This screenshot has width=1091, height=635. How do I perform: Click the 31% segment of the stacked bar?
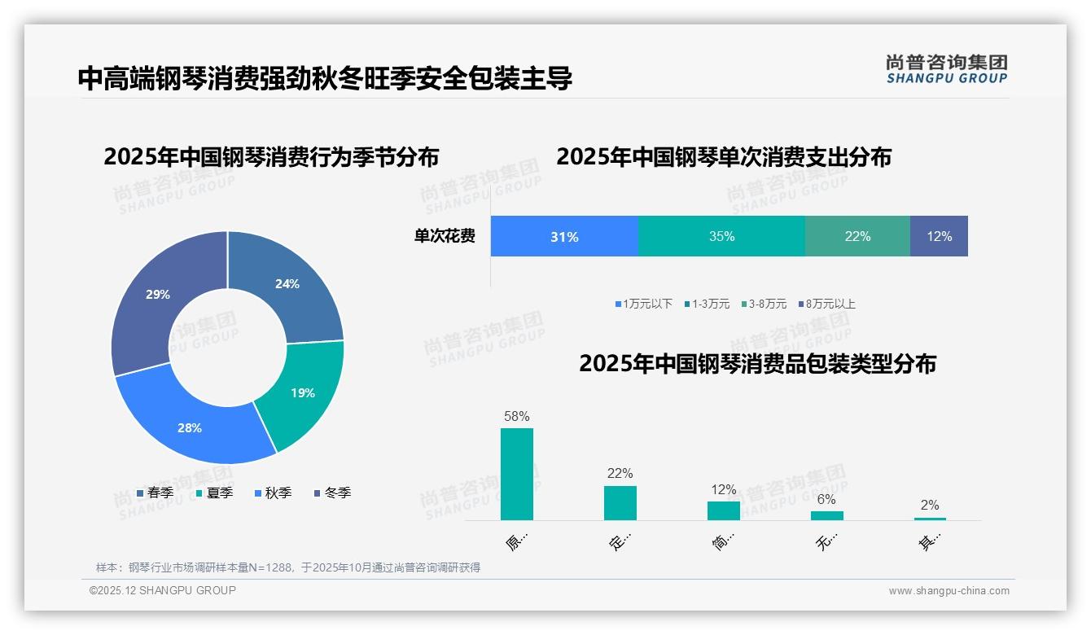click(x=564, y=237)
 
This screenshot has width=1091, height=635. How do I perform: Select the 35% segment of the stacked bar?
click(x=721, y=237)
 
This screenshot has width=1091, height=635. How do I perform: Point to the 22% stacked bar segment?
click(x=857, y=237)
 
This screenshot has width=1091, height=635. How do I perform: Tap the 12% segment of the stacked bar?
click(x=939, y=237)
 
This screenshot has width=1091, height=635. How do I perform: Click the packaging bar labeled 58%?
click(x=517, y=474)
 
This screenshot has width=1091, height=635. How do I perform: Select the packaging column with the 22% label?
click(x=620, y=502)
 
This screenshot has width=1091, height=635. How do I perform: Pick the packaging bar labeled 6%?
click(x=827, y=515)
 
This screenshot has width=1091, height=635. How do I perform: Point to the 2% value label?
click(x=930, y=505)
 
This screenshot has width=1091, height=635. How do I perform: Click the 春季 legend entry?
click(x=155, y=493)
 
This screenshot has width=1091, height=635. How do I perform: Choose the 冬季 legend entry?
click(x=332, y=493)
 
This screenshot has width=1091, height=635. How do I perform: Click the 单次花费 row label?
click(x=445, y=237)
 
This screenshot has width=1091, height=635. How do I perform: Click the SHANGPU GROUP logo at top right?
click(x=946, y=69)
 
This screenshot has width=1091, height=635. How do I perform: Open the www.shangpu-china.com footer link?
click(x=949, y=590)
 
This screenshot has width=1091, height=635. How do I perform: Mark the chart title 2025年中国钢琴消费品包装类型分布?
click(x=757, y=364)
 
